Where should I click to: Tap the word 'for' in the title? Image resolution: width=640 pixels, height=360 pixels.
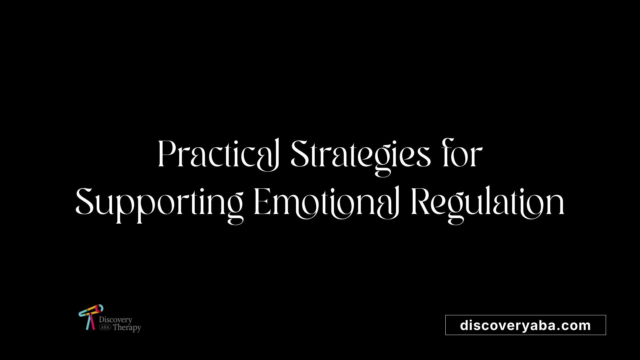(462, 154)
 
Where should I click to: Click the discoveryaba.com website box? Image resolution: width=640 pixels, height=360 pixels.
(525, 325)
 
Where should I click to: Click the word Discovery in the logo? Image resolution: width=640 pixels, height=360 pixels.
(116, 320)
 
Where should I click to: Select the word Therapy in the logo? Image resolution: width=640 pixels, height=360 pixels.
(127, 328)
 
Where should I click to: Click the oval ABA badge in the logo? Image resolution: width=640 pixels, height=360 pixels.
(105, 327)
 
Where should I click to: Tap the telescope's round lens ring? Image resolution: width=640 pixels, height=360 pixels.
(99, 308)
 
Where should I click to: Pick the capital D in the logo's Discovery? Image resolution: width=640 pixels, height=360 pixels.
(102, 319)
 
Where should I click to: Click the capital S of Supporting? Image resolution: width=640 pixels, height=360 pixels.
(84, 202)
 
